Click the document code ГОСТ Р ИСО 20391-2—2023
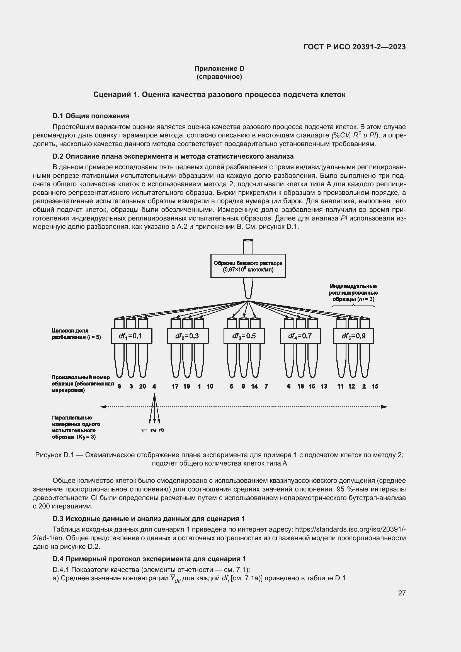pos(354,47)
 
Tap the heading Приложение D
pos(219,69)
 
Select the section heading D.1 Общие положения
pos(91,116)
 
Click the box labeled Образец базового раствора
pos(248,266)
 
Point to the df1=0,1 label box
pos(132,336)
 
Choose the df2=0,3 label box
pos(188,336)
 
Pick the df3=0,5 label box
pos(244,336)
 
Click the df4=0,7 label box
pos(300,336)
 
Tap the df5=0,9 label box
pos(353,336)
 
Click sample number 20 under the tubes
pos(142,386)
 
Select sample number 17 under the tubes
pos(175,386)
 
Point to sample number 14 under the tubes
pos(254,386)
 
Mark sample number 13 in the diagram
pos(324,386)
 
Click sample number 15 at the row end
pos(375,386)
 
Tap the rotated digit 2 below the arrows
pos(153,430)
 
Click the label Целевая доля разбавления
pos(76,334)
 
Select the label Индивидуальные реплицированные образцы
pos(353,292)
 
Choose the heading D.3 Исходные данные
pos(149,518)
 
